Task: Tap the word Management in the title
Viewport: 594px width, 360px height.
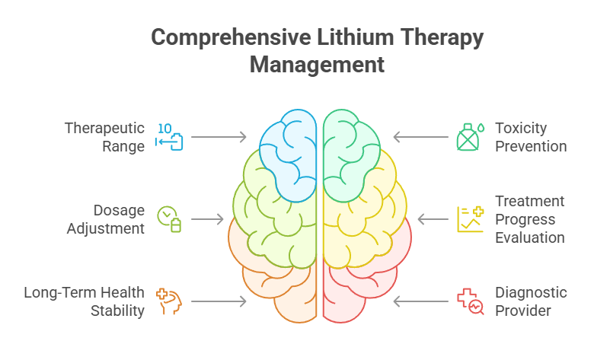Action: (317, 65)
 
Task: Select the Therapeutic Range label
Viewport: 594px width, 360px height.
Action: (104, 137)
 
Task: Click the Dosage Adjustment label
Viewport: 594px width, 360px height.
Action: (106, 219)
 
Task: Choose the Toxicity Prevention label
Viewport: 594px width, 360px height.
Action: (531, 137)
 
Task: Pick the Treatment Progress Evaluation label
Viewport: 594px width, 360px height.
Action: (530, 219)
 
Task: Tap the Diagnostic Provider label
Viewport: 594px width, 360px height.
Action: (531, 301)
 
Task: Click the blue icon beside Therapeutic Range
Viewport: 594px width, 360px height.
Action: (169, 136)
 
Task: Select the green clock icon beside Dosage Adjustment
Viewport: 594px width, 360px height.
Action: (169, 218)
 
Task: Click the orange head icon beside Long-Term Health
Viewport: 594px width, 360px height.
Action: (169, 301)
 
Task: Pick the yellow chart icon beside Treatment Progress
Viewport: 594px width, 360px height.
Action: (469, 218)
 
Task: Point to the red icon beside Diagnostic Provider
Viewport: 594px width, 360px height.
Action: (469, 301)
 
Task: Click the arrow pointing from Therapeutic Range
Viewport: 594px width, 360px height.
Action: (219, 137)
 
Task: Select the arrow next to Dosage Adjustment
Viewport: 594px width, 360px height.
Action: (207, 219)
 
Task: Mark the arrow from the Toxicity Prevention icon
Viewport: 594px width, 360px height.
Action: (420, 137)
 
